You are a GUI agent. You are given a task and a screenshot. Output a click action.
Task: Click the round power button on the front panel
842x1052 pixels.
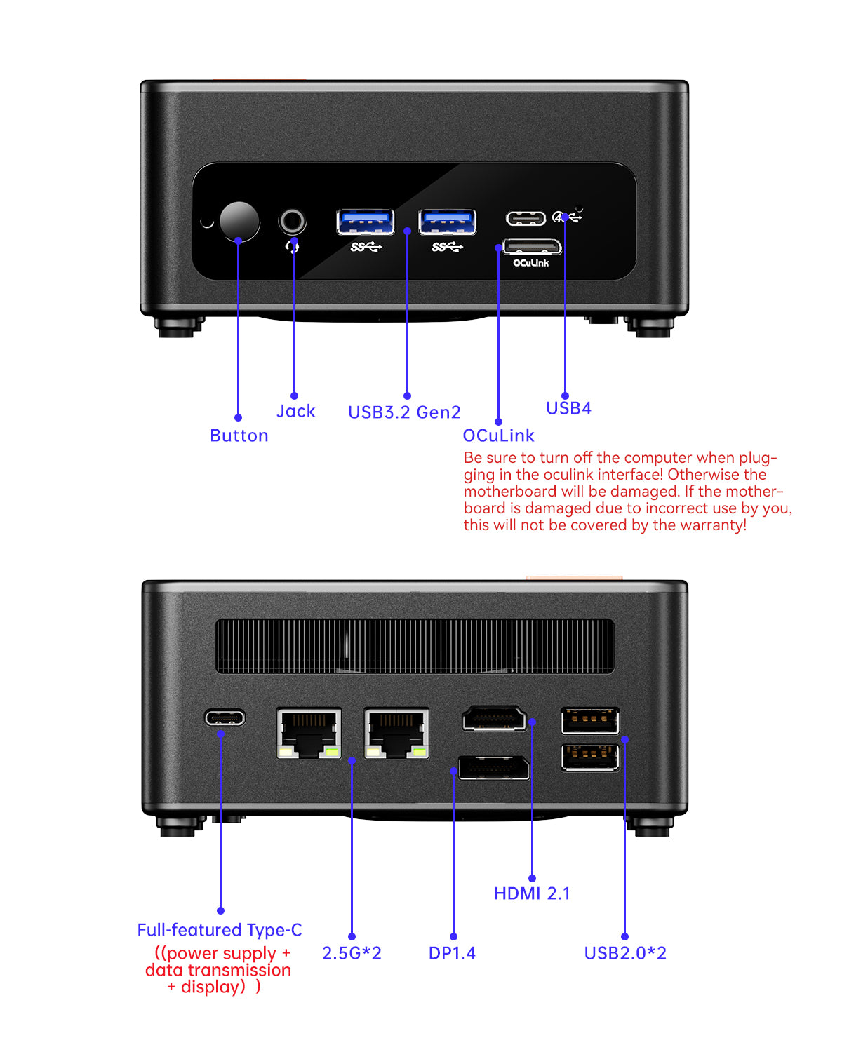239,222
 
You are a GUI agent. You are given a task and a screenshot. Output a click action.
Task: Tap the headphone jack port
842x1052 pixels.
293,222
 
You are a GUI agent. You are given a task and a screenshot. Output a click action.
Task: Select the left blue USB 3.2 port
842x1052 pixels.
365,222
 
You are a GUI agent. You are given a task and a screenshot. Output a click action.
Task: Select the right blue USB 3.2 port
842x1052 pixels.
447,222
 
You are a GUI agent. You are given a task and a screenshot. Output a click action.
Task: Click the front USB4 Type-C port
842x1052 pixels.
526,218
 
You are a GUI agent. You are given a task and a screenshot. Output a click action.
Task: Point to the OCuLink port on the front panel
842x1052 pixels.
533,247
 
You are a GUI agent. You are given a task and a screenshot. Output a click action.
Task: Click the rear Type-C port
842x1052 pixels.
225,717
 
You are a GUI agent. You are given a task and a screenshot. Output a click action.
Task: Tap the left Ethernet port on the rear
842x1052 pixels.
309,733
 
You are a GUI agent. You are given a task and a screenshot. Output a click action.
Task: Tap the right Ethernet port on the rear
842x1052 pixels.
396,733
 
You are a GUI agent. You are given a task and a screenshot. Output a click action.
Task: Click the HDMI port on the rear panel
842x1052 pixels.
494,718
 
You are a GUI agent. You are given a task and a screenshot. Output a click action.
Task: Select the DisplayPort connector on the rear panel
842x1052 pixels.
493,767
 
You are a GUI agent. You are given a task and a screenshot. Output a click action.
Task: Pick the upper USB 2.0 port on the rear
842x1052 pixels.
590,721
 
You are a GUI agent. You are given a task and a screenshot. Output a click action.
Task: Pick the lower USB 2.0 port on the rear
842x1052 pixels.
590,757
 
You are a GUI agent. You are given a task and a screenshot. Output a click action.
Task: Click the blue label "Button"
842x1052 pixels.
239,436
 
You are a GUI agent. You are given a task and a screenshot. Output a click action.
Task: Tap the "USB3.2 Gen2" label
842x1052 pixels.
404,412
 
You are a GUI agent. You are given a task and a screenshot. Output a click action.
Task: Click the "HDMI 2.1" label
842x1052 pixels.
532,893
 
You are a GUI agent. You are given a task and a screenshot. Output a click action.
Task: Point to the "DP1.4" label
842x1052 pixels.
452,953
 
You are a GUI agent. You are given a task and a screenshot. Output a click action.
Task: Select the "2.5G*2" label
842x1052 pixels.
352,953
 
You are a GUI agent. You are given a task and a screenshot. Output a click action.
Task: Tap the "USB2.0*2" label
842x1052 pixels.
625,953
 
